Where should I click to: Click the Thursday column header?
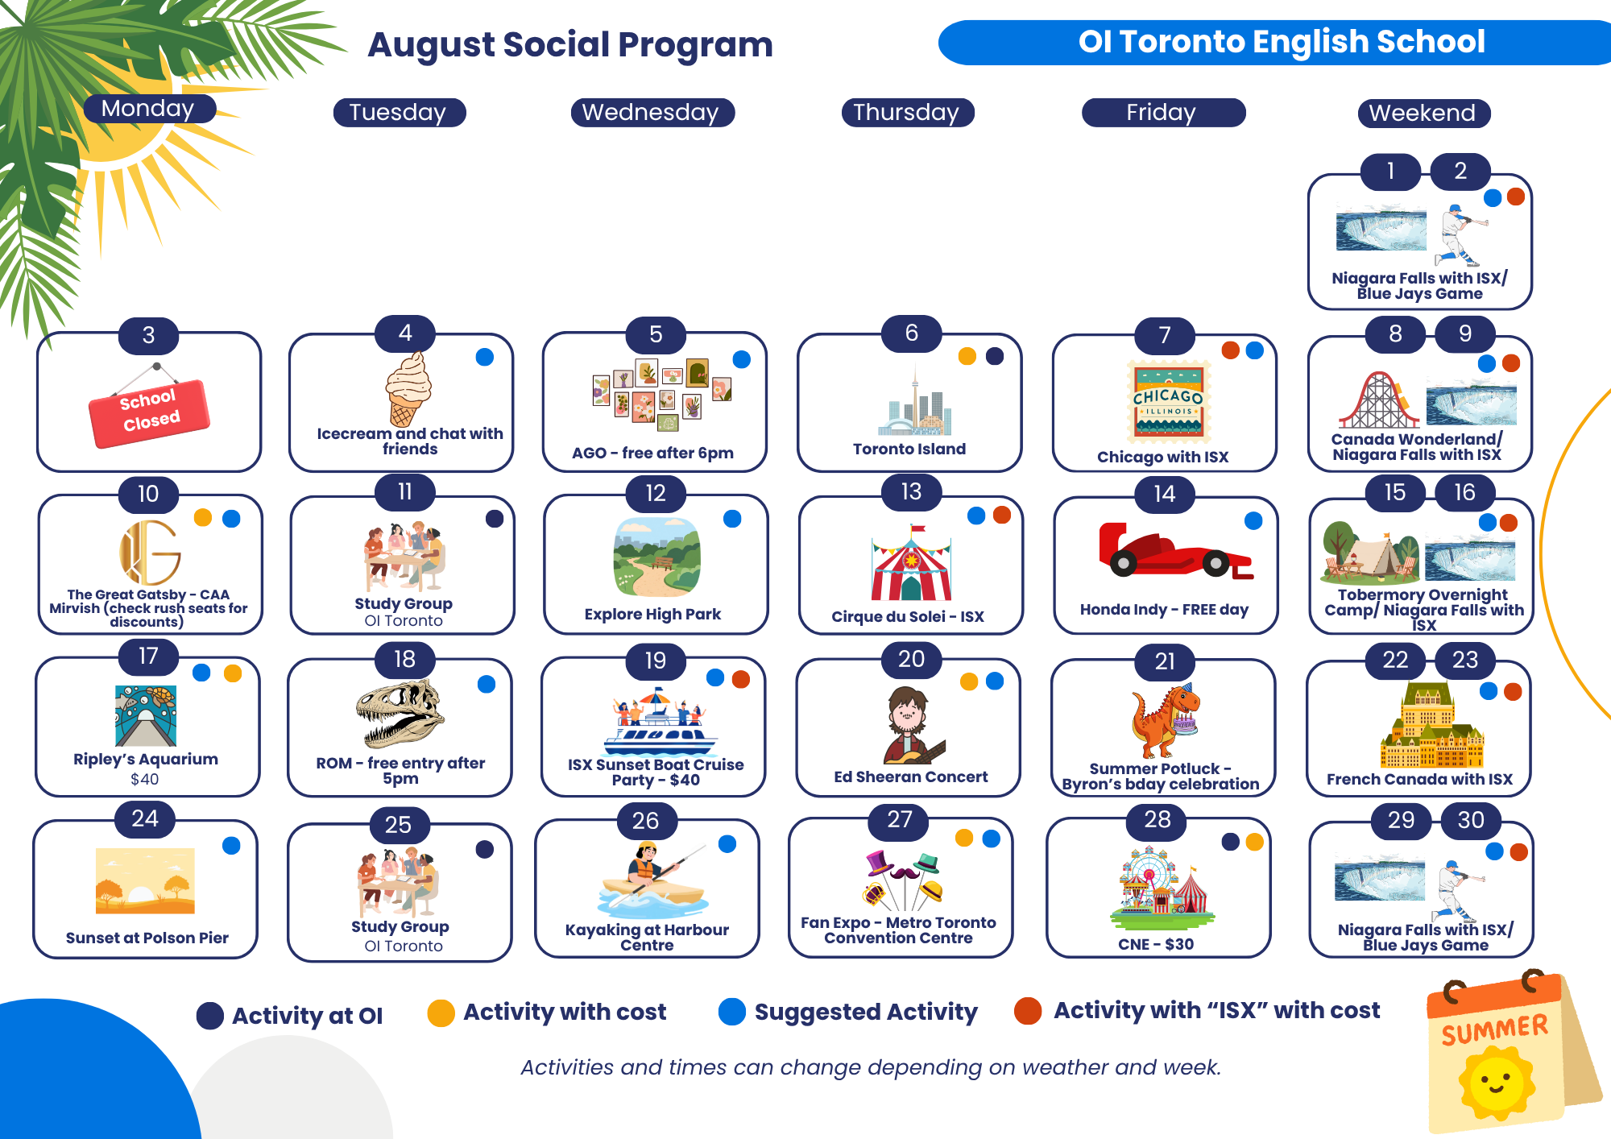(907, 113)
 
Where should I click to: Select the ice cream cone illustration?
(408, 389)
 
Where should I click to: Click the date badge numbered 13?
(911, 492)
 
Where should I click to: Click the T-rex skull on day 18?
(400, 714)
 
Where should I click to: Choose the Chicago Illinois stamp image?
(1169, 402)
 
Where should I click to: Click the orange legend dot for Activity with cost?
(441, 1013)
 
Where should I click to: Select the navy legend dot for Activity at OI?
(210, 1016)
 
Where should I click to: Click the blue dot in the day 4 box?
(485, 358)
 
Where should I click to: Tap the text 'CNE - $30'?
(1156, 944)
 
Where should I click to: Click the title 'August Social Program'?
(570, 45)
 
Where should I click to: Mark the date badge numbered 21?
(1165, 661)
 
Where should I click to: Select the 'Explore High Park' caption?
(652, 614)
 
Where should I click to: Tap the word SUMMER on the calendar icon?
(1495, 1029)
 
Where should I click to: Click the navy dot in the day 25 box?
(485, 849)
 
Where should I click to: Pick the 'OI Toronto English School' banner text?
(1282, 42)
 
